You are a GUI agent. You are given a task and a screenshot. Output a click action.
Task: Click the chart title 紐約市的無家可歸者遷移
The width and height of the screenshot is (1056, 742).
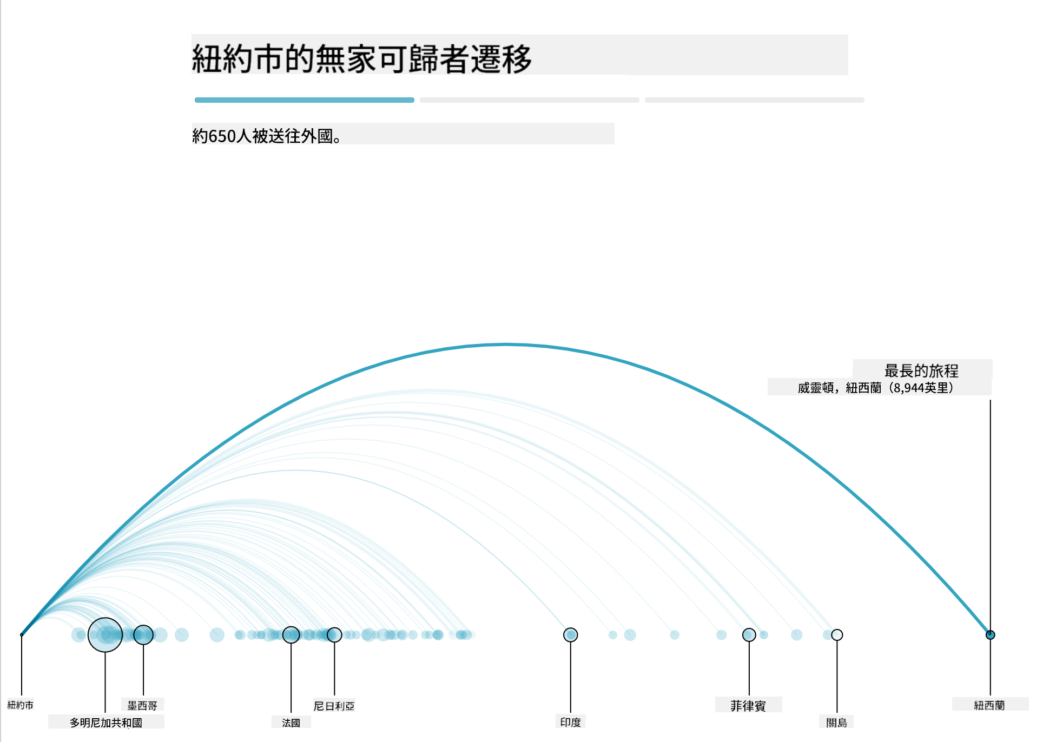tap(362, 58)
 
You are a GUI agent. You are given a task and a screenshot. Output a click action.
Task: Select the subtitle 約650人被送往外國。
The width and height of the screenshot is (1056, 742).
tap(267, 136)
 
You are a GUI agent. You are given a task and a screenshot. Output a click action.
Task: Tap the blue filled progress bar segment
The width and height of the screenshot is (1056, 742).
tap(305, 100)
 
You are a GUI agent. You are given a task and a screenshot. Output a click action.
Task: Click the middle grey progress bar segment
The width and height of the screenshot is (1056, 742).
tap(530, 100)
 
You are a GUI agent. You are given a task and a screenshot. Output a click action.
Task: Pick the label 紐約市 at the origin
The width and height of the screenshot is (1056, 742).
tap(21, 705)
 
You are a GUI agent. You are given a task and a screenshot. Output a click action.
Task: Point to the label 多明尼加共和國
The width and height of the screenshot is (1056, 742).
tap(106, 723)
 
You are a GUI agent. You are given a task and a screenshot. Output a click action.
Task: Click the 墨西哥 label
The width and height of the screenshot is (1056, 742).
tap(142, 705)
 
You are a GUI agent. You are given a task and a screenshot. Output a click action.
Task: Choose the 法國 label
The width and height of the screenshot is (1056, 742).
tap(291, 723)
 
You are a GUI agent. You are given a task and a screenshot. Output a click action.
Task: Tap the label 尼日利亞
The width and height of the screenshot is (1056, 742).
tap(334, 706)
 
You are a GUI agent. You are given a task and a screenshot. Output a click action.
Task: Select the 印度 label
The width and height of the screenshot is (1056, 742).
tap(571, 722)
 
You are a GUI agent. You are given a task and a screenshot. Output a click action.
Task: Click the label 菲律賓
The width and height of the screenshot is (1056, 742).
tap(748, 705)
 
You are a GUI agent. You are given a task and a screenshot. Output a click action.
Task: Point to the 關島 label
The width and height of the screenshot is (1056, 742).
tap(837, 723)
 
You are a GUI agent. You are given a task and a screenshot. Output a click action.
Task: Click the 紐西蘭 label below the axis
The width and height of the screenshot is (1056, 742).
tap(989, 705)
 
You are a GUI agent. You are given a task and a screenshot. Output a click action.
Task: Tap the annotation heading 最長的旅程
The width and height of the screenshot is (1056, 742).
tap(921, 370)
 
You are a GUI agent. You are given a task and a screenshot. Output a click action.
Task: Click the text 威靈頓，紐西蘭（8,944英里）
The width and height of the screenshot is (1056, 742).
tap(875, 388)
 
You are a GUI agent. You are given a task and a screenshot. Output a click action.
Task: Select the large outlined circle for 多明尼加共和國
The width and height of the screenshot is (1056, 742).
tap(105, 618)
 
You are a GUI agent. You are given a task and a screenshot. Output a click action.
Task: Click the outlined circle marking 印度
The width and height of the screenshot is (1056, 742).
tap(571, 628)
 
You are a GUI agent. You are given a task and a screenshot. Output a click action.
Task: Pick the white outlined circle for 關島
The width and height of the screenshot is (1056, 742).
tap(837, 630)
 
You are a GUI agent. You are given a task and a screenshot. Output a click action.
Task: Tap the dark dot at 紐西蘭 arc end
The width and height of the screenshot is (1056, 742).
tap(990, 635)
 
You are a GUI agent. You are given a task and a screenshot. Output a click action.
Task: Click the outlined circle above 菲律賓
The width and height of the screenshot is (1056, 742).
tap(749, 628)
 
